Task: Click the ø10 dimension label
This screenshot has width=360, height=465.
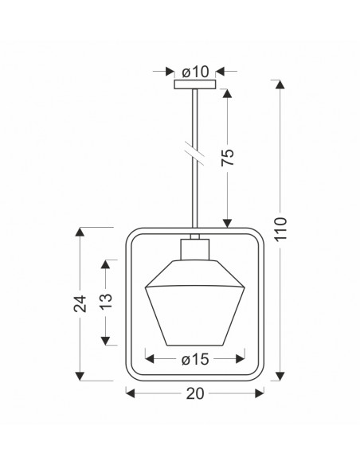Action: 195,72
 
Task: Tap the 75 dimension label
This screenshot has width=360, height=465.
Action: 228,158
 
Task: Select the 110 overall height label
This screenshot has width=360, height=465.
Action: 280,229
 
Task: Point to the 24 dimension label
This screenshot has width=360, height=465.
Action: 80,303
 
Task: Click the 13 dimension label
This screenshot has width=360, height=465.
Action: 106,302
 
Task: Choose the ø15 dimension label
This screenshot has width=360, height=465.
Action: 195,360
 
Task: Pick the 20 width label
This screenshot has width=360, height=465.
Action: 195,393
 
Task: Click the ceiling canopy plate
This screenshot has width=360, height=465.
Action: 195,84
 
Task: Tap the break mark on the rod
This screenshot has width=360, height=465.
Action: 194,154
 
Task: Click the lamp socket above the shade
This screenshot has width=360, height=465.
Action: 195,249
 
